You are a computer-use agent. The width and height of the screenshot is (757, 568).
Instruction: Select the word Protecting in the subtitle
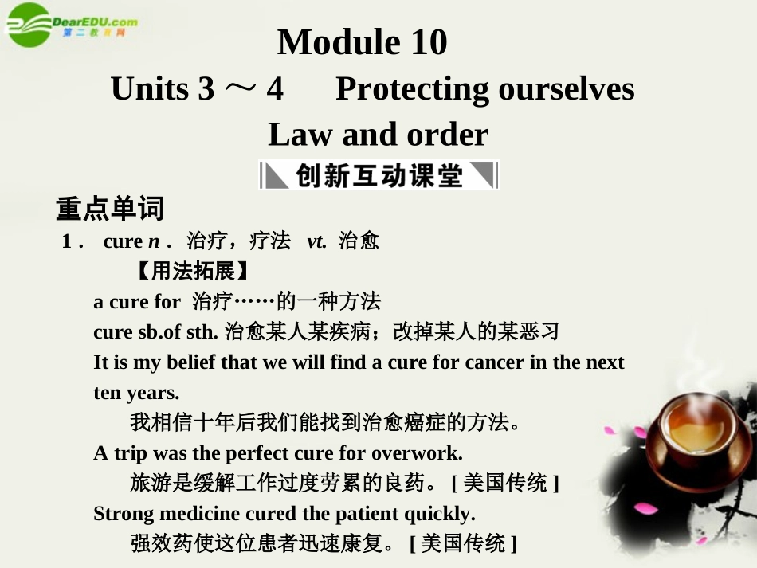point(412,88)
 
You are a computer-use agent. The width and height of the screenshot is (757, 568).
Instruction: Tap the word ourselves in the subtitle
point(566,88)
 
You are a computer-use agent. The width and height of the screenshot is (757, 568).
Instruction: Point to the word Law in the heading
point(300,135)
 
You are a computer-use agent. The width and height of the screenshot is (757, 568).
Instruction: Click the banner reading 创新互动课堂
point(378,175)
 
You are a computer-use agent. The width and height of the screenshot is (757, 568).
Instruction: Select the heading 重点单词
point(109,209)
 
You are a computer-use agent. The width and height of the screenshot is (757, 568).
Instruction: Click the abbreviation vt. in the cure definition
point(316,241)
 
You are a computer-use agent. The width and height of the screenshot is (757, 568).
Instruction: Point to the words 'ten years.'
point(136,393)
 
